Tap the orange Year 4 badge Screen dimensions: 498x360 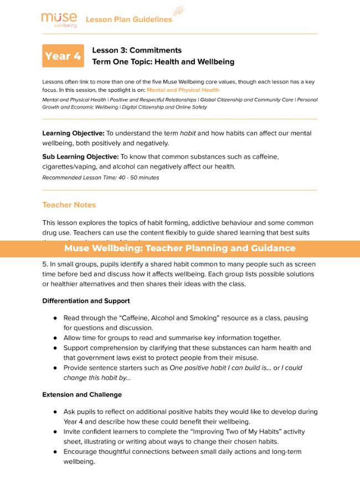tap(63, 56)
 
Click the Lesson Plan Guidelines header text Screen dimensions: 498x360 tap(128, 20)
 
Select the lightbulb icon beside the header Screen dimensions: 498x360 tap(178, 11)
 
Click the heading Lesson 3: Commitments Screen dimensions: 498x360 tap(137, 50)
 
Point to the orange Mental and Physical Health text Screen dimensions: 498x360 tap(183, 90)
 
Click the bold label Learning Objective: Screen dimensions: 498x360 tap(73, 133)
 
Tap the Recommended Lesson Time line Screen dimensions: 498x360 tap(100, 178)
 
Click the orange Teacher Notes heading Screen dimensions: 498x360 tap(69, 205)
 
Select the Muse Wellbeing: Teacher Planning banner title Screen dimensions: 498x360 tap(180, 248)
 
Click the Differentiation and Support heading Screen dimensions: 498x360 tap(86, 301)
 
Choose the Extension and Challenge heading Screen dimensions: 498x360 tap(82, 395)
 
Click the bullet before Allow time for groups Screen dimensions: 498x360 tap(55, 338)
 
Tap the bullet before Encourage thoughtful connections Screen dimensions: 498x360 tap(55, 452)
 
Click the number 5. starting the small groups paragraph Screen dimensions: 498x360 tap(45, 264)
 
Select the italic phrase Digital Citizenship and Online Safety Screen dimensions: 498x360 tap(164, 107)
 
